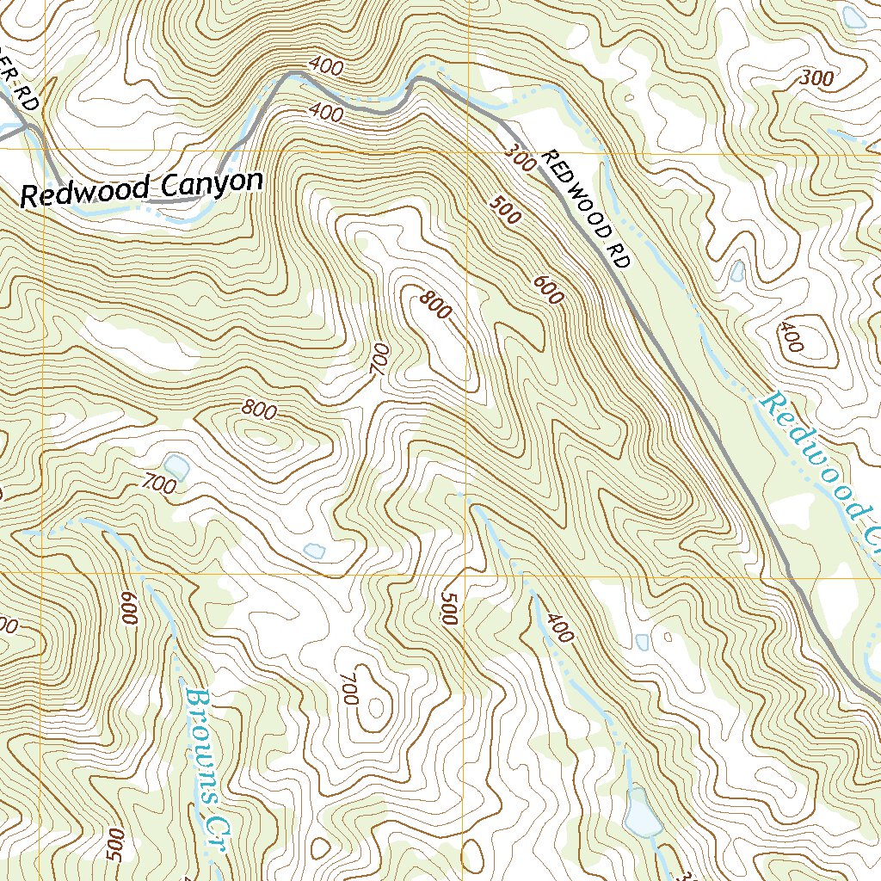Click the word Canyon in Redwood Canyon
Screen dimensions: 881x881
(210, 183)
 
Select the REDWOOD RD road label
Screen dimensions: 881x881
(586, 209)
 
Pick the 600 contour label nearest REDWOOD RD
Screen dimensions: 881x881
(548, 290)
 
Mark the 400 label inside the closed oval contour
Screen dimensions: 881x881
(791, 338)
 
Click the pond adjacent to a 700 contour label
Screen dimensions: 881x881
(176, 467)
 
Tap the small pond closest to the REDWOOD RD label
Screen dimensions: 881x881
(736, 272)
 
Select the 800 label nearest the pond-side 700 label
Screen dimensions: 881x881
(259, 410)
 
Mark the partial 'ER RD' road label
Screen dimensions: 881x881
(22, 91)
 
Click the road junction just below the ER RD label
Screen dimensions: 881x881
(33, 127)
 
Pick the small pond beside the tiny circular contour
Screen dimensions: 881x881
(642, 641)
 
